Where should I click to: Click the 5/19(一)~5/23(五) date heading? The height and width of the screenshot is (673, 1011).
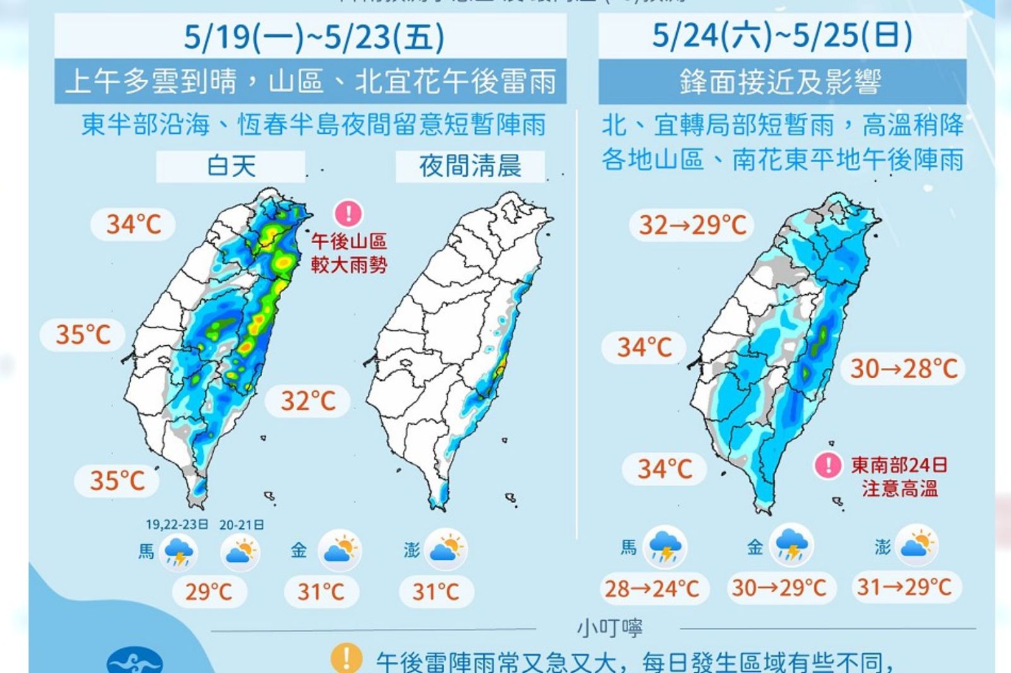coord(314,37)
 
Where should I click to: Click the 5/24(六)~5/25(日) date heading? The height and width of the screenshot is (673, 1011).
coord(782,35)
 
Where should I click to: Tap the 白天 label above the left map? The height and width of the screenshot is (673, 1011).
coord(231,167)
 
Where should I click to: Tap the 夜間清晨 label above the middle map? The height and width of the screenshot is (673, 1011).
coord(469,167)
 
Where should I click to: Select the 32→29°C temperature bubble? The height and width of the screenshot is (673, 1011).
coord(693,225)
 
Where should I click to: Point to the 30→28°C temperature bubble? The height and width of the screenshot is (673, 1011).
coord(904,369)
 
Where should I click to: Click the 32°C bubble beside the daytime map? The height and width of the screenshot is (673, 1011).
coord(308,401)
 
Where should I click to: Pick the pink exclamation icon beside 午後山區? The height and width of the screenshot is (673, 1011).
coord(348,213)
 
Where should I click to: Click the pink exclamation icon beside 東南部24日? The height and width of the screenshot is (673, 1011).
coord(827,466)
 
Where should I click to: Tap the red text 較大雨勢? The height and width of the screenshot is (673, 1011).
coord(348,265)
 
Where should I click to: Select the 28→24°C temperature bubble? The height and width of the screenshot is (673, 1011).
coord(652,589)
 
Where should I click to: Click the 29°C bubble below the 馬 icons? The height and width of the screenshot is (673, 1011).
coord(209,592)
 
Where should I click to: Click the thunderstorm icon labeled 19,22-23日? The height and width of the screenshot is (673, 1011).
coord(179,552)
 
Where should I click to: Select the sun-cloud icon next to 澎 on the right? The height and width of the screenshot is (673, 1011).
coord(916,545)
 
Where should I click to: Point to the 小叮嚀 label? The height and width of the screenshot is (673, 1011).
coord(610,628)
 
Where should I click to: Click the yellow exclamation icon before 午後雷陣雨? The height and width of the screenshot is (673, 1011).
coord(346,658)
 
